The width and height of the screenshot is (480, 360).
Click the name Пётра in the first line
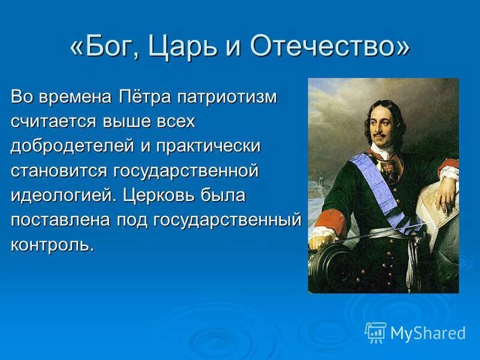point(148,98)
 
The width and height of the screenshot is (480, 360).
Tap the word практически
point(209,146)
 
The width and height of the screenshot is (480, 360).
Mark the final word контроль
point(52,245)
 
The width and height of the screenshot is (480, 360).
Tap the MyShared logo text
point(428,333)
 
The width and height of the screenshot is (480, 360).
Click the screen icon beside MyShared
point(376,332)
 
